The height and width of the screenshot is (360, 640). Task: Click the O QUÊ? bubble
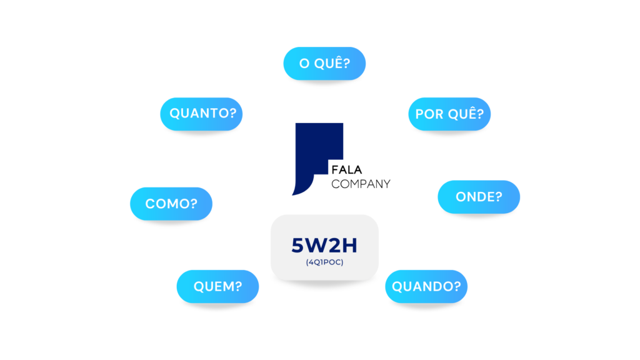coord(324,63)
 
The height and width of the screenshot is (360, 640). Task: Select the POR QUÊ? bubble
coord(449,114)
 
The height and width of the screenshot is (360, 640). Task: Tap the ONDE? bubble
coord(479,197)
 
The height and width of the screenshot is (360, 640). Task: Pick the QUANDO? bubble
coord(426,286)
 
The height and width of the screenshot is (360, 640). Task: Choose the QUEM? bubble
coord(217,286)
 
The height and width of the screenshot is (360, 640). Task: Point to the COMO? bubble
coord(171,204)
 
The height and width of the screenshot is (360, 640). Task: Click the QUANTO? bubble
coord(201,114)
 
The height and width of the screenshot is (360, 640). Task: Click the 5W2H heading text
coord(324,245)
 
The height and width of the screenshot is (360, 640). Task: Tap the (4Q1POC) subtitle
coord(324,262)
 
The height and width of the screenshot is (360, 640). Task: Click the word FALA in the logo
coord(346,169)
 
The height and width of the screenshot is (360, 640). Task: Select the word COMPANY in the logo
coord(361,184)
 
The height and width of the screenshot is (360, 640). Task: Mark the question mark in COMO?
coord(194,204)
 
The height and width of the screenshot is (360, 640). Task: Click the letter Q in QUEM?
coord(199,286)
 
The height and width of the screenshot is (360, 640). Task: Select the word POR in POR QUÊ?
coord(426,114)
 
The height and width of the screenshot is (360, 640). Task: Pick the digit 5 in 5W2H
coord(298,245)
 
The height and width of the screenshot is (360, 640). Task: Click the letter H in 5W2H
coord(350,245)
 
